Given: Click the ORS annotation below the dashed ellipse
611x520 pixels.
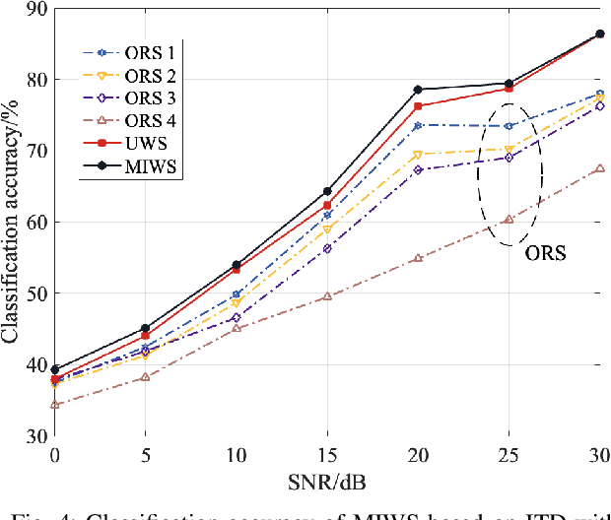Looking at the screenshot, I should (x=544, y=253).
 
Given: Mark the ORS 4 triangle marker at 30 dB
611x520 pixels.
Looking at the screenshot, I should (x=599, y=168).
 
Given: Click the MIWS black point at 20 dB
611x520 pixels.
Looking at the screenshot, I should (x=418, y=90).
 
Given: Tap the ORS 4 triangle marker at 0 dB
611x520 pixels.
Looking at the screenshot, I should (x=55, y=405).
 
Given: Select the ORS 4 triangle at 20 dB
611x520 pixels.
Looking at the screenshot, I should (x=418, y=258).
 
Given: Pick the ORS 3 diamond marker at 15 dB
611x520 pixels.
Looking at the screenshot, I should (x=327, y=248).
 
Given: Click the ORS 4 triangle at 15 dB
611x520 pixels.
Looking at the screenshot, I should (x=327, y=295).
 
